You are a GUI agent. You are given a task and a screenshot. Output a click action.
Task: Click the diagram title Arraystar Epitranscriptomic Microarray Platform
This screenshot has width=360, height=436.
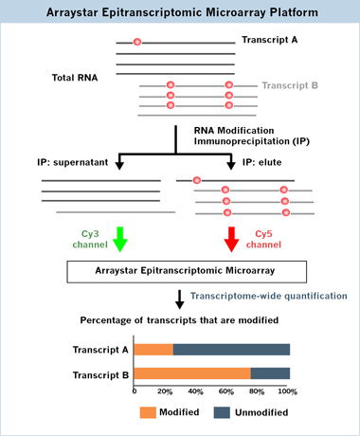tap(182, 12)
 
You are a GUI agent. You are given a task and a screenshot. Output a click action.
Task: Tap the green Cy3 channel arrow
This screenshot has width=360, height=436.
tap(120, 239)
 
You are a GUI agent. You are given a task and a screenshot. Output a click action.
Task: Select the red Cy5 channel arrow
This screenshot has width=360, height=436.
tap(231, 239)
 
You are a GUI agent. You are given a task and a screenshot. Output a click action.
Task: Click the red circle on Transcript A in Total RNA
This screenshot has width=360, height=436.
tap(137, 42)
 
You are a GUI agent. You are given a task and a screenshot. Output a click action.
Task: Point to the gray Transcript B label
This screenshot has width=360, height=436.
tap(290, 85)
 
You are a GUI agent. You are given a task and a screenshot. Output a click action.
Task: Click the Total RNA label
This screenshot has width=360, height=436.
tap(75, 78)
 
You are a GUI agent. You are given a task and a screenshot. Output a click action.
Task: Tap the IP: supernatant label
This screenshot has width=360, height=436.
tap(73, 162)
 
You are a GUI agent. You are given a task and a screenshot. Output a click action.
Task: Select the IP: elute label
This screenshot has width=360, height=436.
tap(262, 162)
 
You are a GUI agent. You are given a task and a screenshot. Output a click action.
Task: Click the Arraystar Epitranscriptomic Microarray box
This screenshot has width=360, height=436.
tap(187, 272)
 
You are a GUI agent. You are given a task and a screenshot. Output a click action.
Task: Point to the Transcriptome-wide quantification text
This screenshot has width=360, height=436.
tap(269, 296)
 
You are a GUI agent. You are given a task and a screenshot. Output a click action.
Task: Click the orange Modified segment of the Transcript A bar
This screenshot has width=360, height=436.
tap(153, 350)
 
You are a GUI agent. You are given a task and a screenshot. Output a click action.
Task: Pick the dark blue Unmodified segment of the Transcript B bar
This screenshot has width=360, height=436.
tap(270, 373)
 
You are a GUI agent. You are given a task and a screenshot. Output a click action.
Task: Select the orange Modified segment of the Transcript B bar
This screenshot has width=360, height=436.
tap(192, 373)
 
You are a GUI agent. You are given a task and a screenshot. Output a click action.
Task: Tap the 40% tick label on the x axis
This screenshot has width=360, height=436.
tap(195, 391)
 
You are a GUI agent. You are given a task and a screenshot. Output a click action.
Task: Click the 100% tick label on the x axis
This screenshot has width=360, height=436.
tap(287, 391)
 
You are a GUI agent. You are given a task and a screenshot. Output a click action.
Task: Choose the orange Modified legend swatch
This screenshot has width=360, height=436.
tap(148, 412)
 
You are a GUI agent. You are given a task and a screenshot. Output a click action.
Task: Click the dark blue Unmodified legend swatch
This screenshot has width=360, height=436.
tap(222, 412)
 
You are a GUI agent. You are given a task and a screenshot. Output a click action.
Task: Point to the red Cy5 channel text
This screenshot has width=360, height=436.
tap(263, 239)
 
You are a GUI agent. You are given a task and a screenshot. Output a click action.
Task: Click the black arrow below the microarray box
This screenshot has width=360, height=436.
tap(180, 300)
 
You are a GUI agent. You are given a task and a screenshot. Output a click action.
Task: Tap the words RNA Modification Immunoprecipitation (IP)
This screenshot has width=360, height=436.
tap(252, 136)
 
